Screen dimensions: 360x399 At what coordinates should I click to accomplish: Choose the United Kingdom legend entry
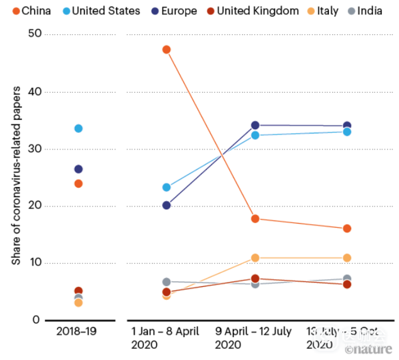[253, 11]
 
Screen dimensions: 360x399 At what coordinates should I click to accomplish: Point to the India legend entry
[364, 11]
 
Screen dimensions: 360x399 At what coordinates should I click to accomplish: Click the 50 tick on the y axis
[35, 34]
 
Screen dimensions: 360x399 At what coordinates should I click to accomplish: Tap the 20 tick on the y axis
[35, 206]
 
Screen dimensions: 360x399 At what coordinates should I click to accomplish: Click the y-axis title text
[16, 176]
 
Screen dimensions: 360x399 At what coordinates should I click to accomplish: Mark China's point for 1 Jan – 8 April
[166, 49]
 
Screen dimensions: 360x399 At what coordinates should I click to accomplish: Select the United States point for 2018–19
[79, 128]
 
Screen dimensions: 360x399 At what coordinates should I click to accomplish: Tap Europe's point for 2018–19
[79, 169]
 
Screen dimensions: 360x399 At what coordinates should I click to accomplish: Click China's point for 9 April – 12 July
[255, 219]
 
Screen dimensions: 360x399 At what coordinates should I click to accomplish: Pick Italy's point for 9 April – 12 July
[255, 257]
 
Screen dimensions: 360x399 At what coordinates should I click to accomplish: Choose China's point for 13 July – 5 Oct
[347, 228]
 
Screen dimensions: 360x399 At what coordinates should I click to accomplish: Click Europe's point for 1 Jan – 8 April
[166, 205]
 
